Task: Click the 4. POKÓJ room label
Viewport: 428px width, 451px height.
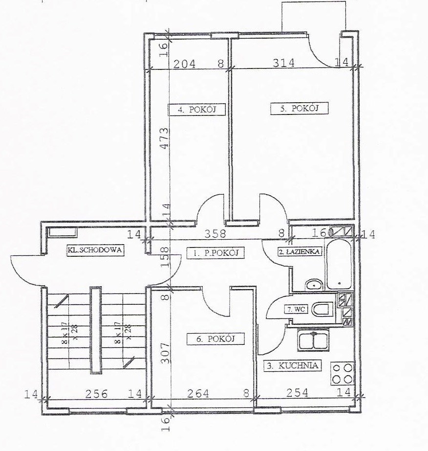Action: [x=197, y=109]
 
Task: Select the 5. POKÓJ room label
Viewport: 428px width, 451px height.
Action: [x=300, y=109]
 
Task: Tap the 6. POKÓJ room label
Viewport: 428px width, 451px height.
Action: [x=215, y=339]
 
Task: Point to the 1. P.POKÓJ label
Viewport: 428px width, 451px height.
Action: [x=215, y=253]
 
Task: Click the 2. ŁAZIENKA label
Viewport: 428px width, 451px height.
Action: [x=300, y=252]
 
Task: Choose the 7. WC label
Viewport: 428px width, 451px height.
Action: [x=296, y=310]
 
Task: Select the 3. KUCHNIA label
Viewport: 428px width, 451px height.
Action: [x=293, y=365]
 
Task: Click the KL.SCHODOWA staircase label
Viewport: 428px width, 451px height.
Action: [x=95, y=249]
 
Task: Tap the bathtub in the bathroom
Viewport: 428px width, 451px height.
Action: [x=339, y=264]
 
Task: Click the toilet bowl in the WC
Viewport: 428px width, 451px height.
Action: [x=323, y=310]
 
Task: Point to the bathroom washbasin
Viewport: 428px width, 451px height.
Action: [x=314, y=285]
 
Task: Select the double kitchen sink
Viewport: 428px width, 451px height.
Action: [x=314, y=341]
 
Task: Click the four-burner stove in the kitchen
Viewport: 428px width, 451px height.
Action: [x=342, y=374]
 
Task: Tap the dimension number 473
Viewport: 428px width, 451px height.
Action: [x=164, y=138]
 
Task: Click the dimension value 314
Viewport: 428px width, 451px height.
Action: [x=283, y=63]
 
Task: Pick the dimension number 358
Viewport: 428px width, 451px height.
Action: [x=215, y=233]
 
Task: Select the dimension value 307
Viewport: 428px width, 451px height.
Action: [x=165, y=353]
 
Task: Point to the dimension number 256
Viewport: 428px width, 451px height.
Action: [x=97, y=394]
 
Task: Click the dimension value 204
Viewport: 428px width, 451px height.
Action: [x=184, y=64]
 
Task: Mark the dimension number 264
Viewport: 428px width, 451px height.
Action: [x=198, y=393]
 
